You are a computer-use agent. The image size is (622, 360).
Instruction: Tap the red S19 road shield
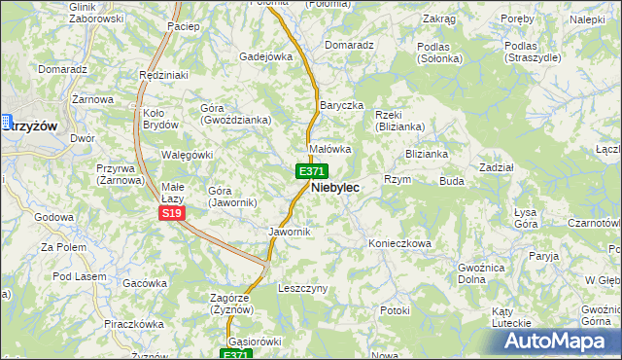pos(172,213)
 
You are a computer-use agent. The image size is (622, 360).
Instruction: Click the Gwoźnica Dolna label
pos(484,271)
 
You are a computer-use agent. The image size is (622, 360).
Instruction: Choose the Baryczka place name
pos(340,105)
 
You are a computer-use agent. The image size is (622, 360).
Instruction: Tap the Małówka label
pos(328,149)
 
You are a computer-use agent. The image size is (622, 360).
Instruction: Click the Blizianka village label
pos(426,154)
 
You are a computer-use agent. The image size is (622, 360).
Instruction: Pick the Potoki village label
pos(396,310)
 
